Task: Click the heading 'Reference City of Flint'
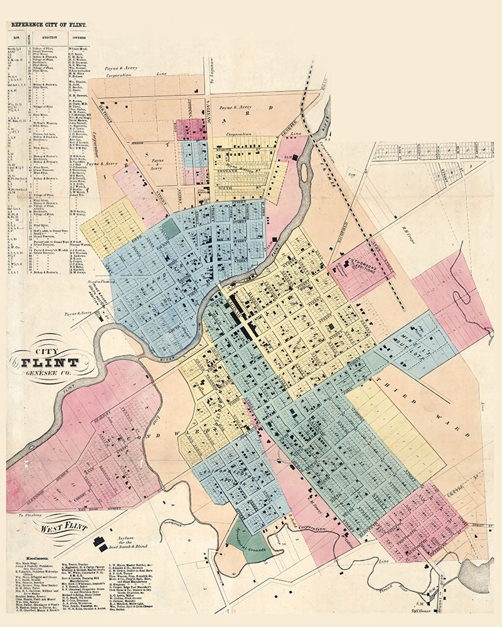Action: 48,26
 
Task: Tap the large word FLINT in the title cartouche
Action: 51,362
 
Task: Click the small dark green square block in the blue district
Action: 169,227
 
